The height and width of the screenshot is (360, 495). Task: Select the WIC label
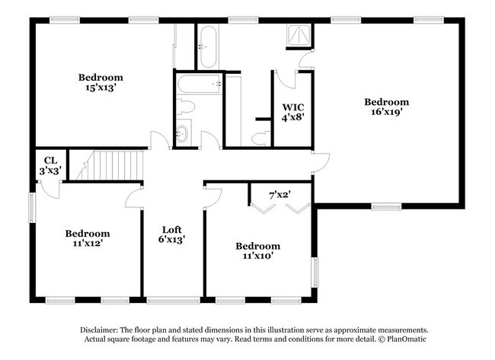(293, 107)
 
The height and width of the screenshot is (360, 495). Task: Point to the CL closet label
(51, 160)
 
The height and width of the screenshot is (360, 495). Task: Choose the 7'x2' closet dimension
(280, 195)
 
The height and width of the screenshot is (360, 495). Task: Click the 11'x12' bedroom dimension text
(87, 244)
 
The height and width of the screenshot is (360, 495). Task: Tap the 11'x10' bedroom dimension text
(257, 256)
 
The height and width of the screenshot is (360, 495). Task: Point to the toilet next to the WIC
(260, 136)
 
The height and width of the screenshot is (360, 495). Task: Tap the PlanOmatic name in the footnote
(407, 339)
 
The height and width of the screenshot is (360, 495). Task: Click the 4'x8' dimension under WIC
(293, 117)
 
